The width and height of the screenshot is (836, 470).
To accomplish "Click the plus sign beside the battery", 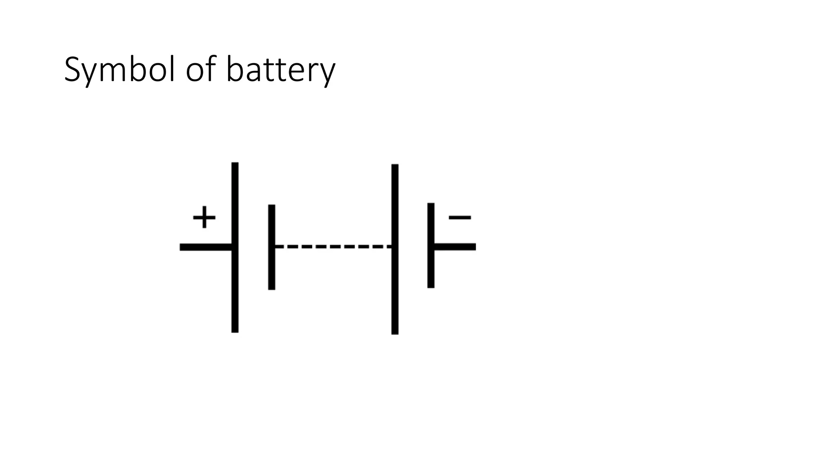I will point(204,217).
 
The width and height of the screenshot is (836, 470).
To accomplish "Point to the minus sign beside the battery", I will point(460,217).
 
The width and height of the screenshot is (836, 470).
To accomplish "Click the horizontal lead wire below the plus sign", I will point(206,247).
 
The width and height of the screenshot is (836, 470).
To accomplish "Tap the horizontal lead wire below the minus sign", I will point(455,247).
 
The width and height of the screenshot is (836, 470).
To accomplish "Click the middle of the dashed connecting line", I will point(334,246).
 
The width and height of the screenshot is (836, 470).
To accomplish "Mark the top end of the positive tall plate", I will point(235,164).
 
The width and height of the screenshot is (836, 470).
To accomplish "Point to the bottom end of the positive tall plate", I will point(235,330).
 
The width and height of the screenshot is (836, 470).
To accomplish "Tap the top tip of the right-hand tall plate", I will point(395,166).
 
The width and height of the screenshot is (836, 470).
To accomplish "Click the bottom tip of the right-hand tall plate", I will point(395,333).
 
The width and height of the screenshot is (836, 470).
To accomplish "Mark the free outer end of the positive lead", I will point(182,247).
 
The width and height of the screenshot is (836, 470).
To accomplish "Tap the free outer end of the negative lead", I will point(474,247).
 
